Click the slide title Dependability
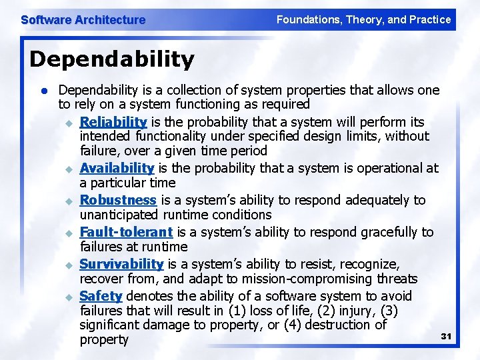[x=112, y=59]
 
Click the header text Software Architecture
[x=83, y=20]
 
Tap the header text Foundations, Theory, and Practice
[x=363, y=19]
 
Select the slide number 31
[x=447, y=337]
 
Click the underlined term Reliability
[x=113, y=121]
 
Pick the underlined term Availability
[x=117, y=168]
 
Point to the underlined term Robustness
[x=118, y=200]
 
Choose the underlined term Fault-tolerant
[x=126, y=232]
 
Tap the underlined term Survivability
[x=121, y=264]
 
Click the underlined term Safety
[x=101, y=296]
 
